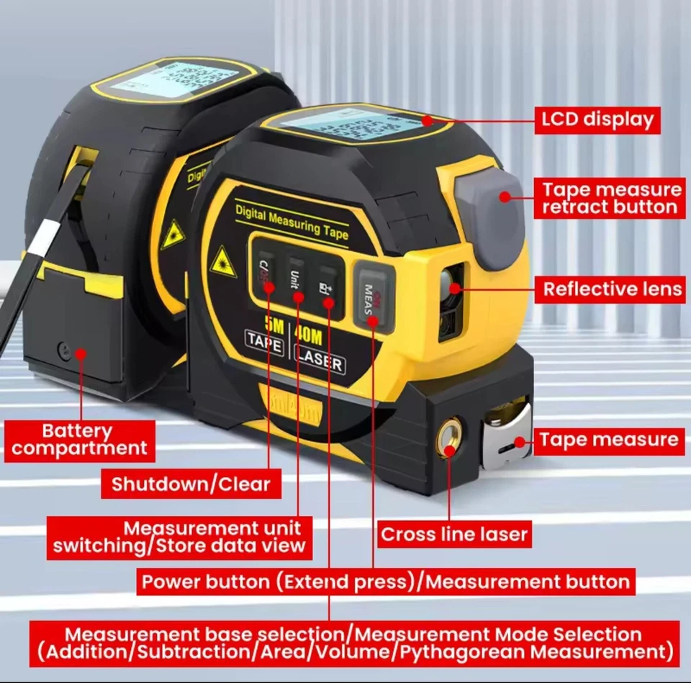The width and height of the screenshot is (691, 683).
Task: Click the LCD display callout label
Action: click(597, 119)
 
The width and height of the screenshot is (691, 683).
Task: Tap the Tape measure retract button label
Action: click(610, 199)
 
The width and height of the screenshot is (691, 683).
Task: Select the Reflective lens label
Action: click(612, 289)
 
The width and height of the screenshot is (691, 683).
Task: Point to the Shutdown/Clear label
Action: click(191, 484)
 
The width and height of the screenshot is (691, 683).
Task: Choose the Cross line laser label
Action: click(454, 535)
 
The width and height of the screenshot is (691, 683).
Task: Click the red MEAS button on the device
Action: click(373, 296)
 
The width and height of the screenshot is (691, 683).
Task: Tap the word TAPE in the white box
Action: click(264, 343)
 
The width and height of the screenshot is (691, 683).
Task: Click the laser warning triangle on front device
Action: click(223, 262)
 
